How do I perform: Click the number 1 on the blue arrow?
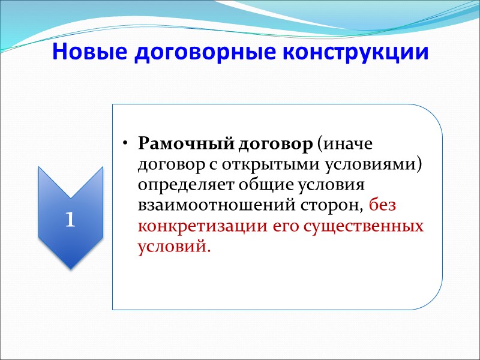coord(70,220)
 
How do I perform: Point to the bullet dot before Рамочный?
coord(125,145)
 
